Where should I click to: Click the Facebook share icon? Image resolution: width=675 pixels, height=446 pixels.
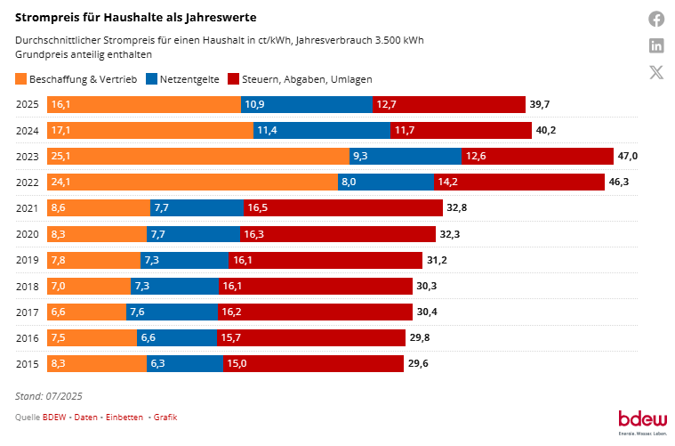(656, 19)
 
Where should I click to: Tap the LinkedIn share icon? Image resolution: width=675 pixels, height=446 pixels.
(656, 45)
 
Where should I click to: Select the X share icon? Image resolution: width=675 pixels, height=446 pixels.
(656, 72)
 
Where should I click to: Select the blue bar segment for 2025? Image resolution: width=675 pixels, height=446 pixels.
(307, 104)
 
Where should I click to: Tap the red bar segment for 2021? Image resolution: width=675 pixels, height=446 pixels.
(343, 207)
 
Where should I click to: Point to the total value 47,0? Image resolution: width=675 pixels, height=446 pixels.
(627, 156)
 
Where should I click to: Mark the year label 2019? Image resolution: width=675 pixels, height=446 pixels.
(28, 260)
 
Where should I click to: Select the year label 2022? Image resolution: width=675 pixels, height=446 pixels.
(28, 182)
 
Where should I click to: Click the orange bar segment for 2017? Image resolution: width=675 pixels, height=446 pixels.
(85, 312)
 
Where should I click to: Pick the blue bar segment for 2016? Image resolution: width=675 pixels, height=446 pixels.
(176, 337)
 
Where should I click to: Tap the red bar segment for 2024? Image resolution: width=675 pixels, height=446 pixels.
(458, 130)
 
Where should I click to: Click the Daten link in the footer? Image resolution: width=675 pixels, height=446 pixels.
(86, 417)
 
